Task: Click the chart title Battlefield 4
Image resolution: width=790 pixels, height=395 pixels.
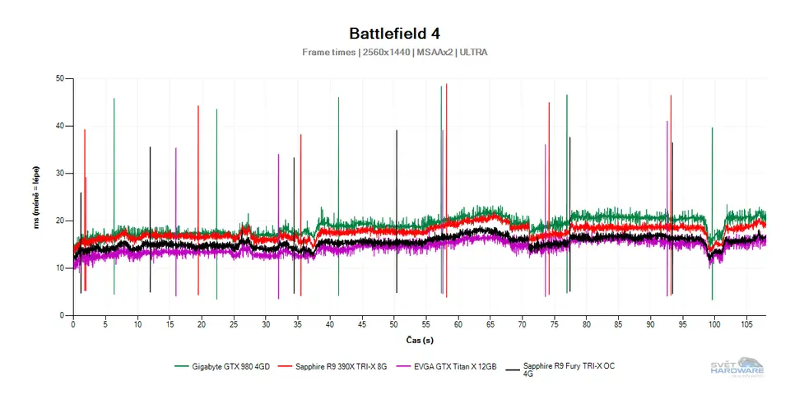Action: pos(394,34)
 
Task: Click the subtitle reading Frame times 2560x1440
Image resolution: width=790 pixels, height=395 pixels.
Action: pos(394,52)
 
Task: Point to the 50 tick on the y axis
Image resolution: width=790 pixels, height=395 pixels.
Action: pos(59,79)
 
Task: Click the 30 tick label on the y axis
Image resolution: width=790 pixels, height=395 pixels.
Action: pos(59,174)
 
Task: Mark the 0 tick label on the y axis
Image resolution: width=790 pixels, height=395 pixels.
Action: pos(62,315)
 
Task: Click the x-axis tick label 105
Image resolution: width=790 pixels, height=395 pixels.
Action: pos(746,325)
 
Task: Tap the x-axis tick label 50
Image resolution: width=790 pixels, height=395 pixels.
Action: pos(394,325)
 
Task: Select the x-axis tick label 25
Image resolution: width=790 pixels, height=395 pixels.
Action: pos(234,325)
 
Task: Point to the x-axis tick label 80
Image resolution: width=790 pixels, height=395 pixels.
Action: pos(586,325)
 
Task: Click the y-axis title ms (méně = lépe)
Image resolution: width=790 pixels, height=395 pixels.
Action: pos(37,197)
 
